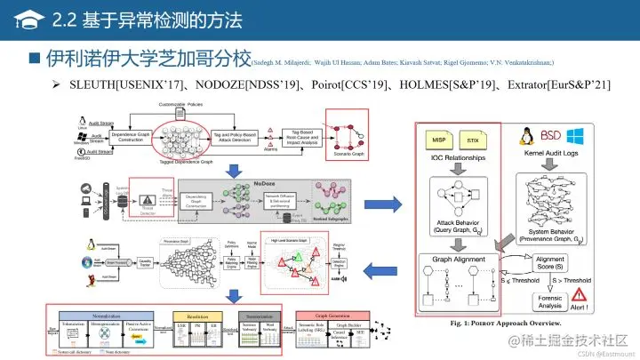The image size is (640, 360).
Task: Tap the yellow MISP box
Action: pyautogui.click(x=439, y=140)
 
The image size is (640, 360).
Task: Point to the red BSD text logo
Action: pyautogui.click(x=551, y=137)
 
